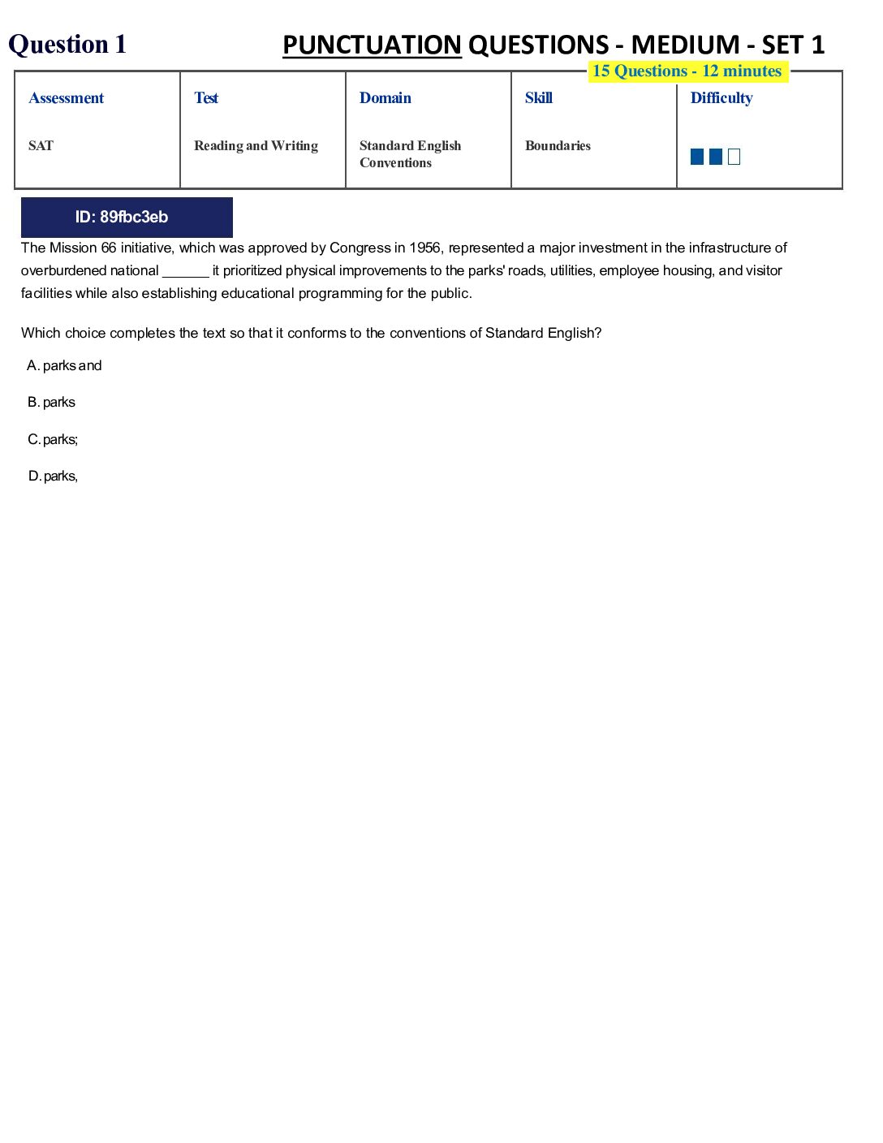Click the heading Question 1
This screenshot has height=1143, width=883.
click(x=67, y=44)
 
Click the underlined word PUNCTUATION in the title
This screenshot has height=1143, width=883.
click(x=372, y=45)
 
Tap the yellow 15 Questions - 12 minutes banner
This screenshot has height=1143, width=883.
click(x=687, y=71)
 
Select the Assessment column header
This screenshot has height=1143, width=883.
click(x=67, y=98)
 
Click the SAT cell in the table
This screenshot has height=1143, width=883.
click(x=41, y=146)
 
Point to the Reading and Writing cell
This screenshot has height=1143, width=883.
click(x=256, y=146)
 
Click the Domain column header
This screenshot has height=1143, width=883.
click(x=386, y=98)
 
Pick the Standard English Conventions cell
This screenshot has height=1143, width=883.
click(x=410, y=154)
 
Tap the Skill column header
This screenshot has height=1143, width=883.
click(x=539, y=98)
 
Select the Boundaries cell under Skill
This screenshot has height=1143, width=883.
click(x=558, y=146)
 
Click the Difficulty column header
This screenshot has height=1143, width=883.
click(x=721, y=98)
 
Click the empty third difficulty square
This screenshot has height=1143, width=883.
click(x=734, y=157)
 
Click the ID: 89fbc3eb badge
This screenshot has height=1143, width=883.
click(x=127, y=217)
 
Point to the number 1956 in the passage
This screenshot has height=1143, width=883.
click(x=424, y=248)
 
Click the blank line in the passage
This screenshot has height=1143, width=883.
click(x=186, y=272)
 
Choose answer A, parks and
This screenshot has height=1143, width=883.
click(x=65, y=366)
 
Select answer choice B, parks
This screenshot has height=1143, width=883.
click(x=52, y=403)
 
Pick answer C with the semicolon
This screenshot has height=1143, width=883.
click(x=54, y=440)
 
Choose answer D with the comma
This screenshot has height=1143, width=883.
click(x=54, y=477)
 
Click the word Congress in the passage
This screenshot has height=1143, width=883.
click(x=360, y=248)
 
